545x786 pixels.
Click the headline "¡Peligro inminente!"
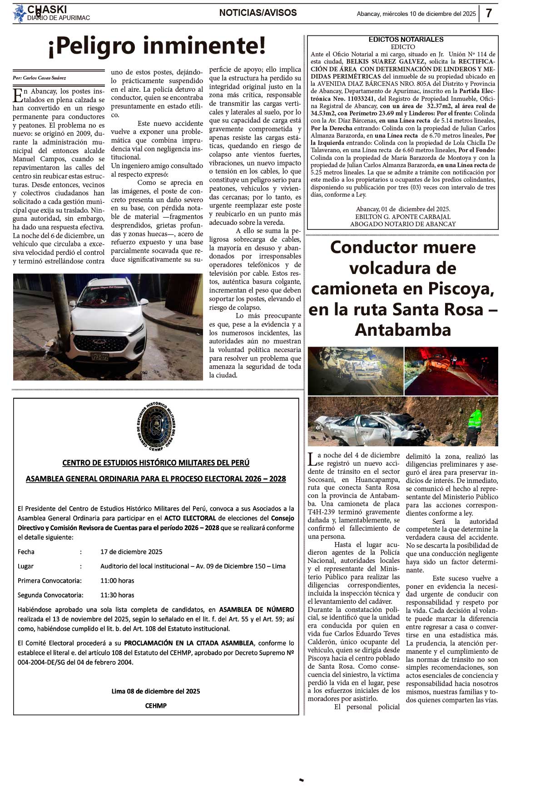157,46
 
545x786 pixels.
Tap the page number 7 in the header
489,13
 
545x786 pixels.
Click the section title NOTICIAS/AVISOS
258,13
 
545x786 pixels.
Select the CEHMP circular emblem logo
156,426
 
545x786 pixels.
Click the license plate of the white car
99,357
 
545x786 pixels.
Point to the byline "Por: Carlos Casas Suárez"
40,78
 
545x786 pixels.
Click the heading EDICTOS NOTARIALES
406,40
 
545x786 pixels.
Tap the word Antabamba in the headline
403,330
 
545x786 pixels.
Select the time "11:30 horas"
117,595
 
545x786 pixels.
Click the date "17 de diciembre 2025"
131,552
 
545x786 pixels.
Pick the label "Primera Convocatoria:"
50,581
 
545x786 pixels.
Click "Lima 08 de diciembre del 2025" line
156,691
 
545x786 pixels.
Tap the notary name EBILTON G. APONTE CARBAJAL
402,217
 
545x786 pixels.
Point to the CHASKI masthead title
47,10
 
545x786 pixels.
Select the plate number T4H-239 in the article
321,512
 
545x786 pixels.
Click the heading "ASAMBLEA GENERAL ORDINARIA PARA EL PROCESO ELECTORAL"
156,479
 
